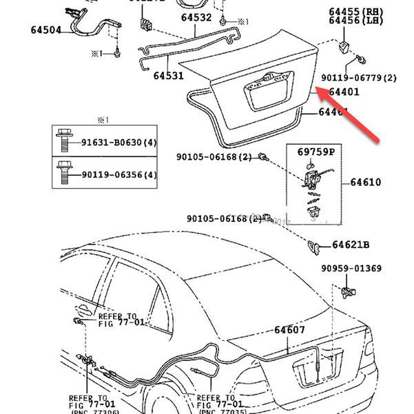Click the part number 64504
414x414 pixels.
45,30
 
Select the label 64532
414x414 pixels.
197,19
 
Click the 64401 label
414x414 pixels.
344,92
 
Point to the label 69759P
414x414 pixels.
315,151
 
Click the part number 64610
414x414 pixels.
365,183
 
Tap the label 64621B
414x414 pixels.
351,245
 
